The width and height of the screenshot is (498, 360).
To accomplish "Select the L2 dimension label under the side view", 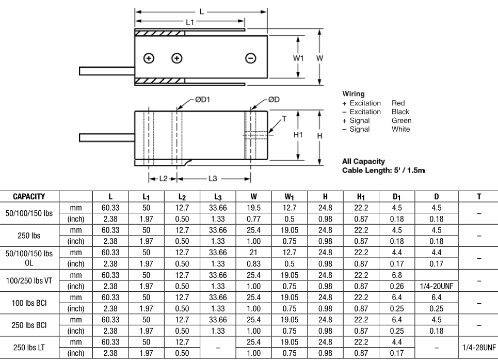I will [x=164, y=179].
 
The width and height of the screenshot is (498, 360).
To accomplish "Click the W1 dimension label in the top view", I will [x=298, y=58].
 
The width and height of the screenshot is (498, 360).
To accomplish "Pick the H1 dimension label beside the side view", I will [x=298, y=135].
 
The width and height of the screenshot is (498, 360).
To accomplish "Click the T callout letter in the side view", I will [x=284, y=118].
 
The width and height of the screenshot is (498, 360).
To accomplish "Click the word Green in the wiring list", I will [x=401, y=120].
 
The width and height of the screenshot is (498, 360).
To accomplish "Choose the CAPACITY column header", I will [x=29, y=197].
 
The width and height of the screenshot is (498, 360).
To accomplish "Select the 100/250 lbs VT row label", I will [x=29, y=280].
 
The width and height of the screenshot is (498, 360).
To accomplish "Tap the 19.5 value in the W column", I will [x=253, y=207].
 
